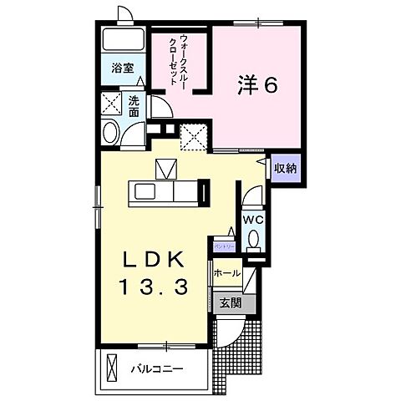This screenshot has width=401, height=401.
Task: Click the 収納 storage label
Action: point(286,167)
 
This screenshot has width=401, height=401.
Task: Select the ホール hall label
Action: point(227,273)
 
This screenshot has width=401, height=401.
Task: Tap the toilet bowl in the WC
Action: point(255,240)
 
